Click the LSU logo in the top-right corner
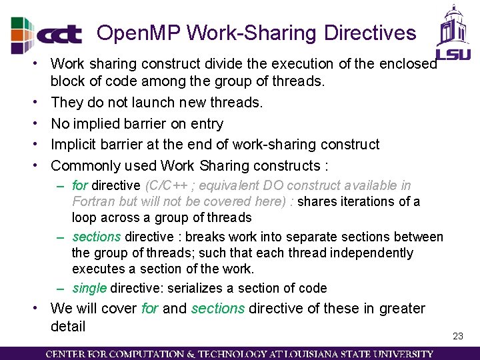tap(453, 33)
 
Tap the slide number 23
tap(457, 336)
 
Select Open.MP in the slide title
tap(139, 33)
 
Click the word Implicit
tap(76, 145)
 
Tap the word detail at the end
tap(68, 326)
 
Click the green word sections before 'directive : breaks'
tap(97, 237)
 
